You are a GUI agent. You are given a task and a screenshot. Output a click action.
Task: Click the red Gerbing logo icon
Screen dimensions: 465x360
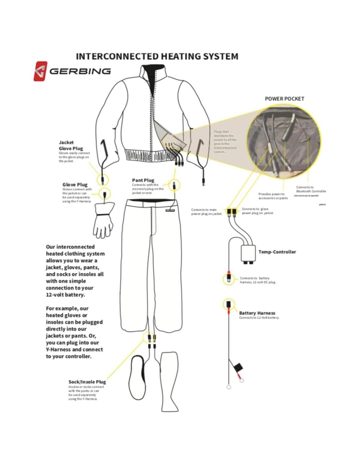point(40,71)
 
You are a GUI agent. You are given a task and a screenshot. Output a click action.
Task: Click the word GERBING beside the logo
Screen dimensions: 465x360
point(80,71)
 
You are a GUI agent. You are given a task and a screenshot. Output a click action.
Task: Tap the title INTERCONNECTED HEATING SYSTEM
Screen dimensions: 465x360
point(157,56)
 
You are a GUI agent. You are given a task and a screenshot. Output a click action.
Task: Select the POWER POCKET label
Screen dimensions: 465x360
point(284,99)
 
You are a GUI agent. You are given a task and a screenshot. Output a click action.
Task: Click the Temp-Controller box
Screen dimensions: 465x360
point(248,252)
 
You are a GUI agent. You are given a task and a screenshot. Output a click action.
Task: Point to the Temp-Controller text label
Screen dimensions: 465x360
point(277,252)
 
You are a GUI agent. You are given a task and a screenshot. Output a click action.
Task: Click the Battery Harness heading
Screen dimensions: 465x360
point(257,313)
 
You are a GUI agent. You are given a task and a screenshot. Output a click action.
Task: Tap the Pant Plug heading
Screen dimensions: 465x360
point(143,180)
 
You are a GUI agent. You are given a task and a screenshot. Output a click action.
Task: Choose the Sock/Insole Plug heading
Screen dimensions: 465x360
point(87,382)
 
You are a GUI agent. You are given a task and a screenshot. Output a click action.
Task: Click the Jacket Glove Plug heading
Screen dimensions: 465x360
point(71,146)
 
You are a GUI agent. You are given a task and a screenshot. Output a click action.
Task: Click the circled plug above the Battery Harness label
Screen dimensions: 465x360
point(228,304)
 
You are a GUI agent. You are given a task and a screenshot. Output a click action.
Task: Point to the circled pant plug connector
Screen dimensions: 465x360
point(174,185)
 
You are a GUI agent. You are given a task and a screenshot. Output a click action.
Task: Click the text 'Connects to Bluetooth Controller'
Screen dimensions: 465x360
point(311,189)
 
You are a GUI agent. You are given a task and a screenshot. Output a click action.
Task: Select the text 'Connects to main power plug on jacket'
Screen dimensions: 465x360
point(206,212)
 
